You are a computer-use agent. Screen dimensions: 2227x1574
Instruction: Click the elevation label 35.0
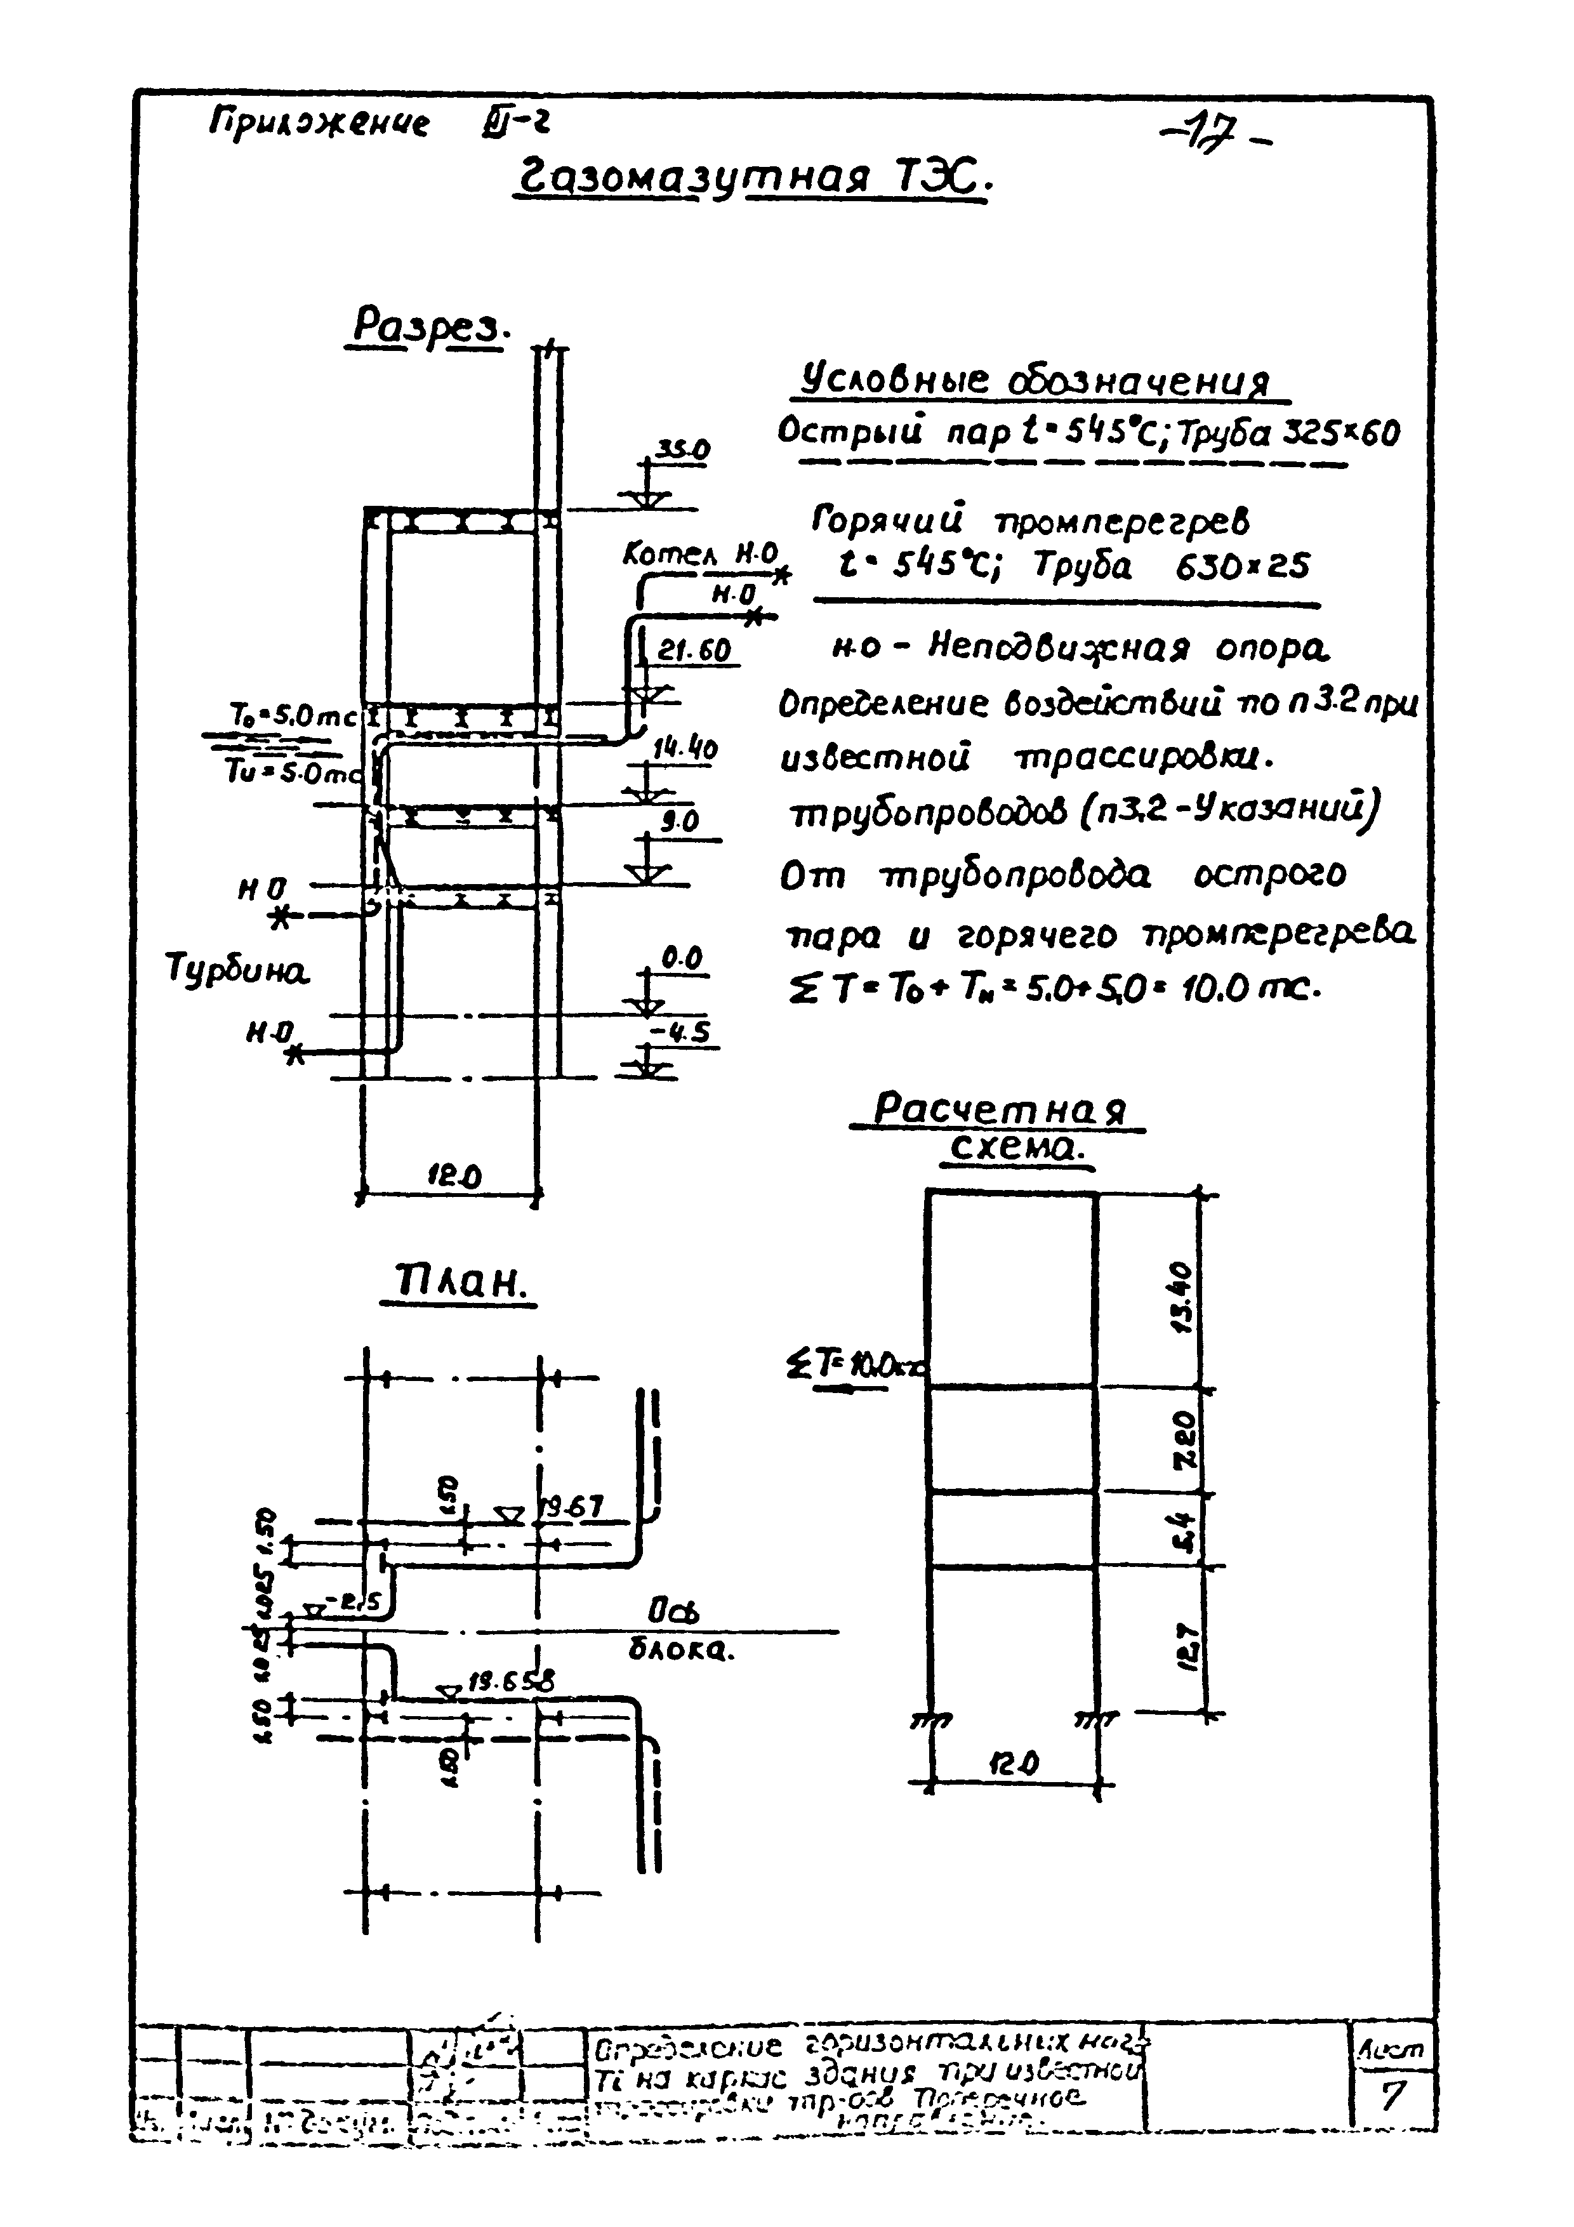coord(683,449)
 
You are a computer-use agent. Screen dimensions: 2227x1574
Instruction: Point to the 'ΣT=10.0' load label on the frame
coord(854,1368)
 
